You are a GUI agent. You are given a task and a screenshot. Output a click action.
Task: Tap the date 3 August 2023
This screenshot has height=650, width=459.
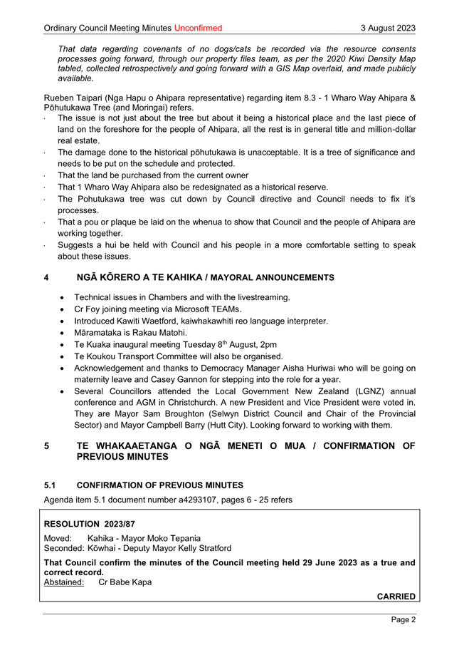(388, 28)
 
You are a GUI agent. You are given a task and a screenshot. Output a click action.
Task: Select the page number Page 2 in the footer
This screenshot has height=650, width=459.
(403, 619)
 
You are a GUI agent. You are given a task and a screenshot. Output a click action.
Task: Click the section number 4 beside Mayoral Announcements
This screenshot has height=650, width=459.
(47, 277)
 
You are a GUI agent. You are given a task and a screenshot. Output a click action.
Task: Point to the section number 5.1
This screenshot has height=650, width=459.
(51, 484)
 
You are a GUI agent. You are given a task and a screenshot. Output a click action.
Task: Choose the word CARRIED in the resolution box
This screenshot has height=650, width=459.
(396, 596)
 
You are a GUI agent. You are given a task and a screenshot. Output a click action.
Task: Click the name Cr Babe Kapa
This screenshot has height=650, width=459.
(125, 582)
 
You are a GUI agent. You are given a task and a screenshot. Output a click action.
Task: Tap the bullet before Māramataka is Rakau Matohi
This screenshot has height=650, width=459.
(65, 333)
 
